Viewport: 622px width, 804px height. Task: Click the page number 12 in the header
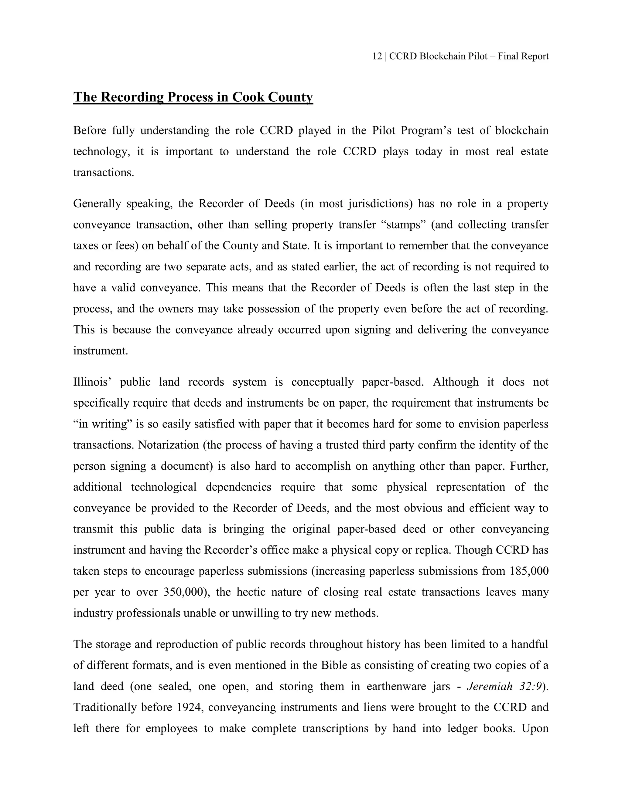coord(377,56)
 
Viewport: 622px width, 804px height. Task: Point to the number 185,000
coord(529,571)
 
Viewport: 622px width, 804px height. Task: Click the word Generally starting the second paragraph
coord(97,204)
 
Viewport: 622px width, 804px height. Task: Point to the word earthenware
coord(396,686)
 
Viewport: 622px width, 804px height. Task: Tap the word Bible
coord(333,665)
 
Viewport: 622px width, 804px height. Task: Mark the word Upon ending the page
coord(535,728)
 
